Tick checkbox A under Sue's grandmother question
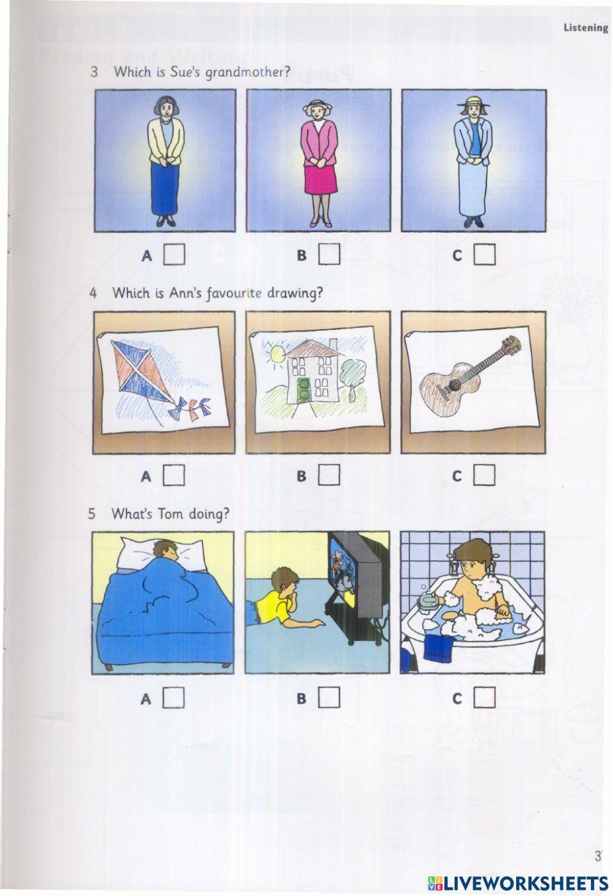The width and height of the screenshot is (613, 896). coord(174,254)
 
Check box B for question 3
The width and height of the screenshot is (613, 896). coord(329,254)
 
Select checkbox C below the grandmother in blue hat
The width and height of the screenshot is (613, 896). coord(484,254)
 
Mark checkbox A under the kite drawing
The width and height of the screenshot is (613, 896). coord(174,475)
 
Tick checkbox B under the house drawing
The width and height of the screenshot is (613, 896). coord(329,475)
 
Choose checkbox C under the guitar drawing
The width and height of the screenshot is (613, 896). coord(484,475)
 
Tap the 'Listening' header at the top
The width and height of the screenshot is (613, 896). coord(585,28)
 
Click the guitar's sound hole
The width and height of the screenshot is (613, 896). coord(455,384)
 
